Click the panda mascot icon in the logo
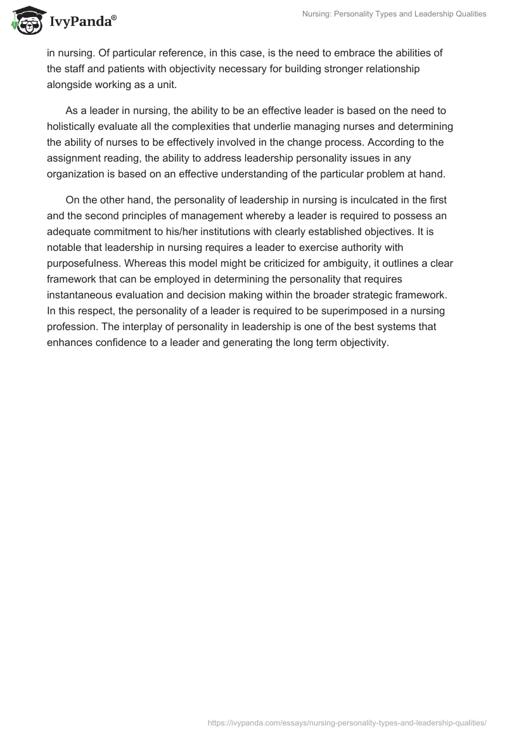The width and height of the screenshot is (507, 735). tap(25, 22)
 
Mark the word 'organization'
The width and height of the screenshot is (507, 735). tap(77, 174)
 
